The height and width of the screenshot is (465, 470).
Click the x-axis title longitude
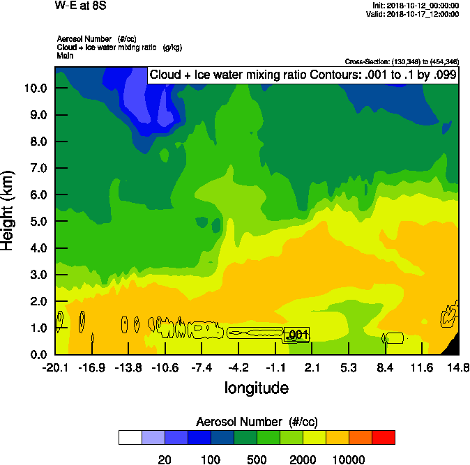point(256,388)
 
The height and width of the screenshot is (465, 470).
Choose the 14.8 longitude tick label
point(458,367)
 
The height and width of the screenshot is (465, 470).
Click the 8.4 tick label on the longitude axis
point(385,367)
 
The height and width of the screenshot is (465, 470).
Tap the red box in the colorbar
point(383,437)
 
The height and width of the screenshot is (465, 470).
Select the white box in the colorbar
point(130,437)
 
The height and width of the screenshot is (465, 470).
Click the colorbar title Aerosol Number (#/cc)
point(257,422)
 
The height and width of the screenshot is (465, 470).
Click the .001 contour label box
point(297,335)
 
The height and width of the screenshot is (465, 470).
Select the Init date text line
point(416,6)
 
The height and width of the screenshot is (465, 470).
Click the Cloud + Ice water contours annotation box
point(303,75)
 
